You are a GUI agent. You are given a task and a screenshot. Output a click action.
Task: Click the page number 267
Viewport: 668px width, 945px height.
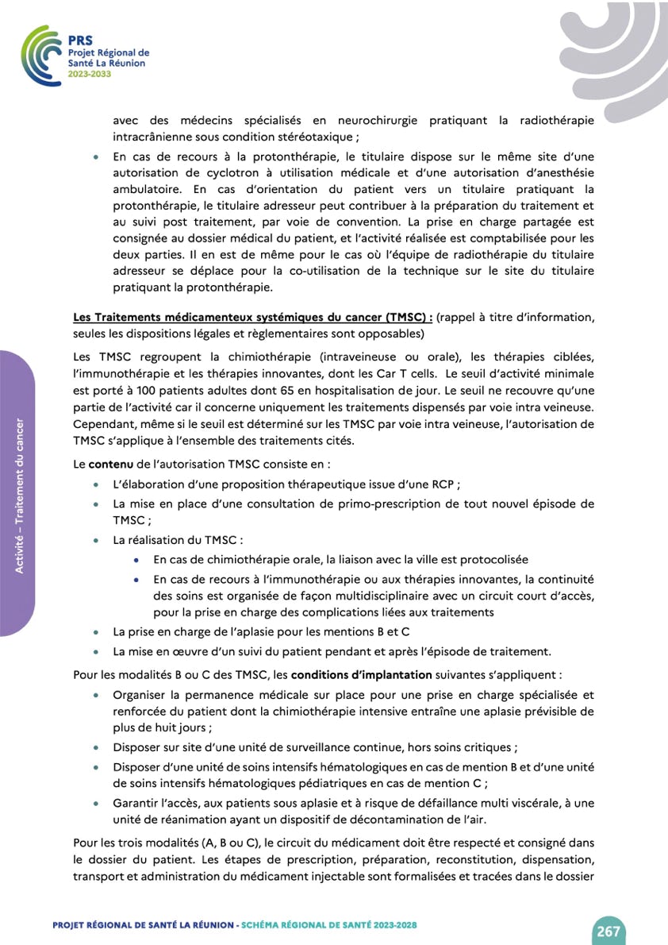608,931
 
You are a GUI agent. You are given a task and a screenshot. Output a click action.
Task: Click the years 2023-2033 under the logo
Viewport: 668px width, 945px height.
90,73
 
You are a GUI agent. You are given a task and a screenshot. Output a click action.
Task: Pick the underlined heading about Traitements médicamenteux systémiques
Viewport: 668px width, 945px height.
252,317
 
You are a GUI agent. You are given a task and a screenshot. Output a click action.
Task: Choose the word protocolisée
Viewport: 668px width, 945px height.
493,560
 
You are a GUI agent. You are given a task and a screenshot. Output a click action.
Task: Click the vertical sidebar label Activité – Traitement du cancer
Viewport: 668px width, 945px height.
18,494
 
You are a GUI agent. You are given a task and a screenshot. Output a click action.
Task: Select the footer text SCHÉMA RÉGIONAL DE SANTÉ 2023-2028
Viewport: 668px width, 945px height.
328,925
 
